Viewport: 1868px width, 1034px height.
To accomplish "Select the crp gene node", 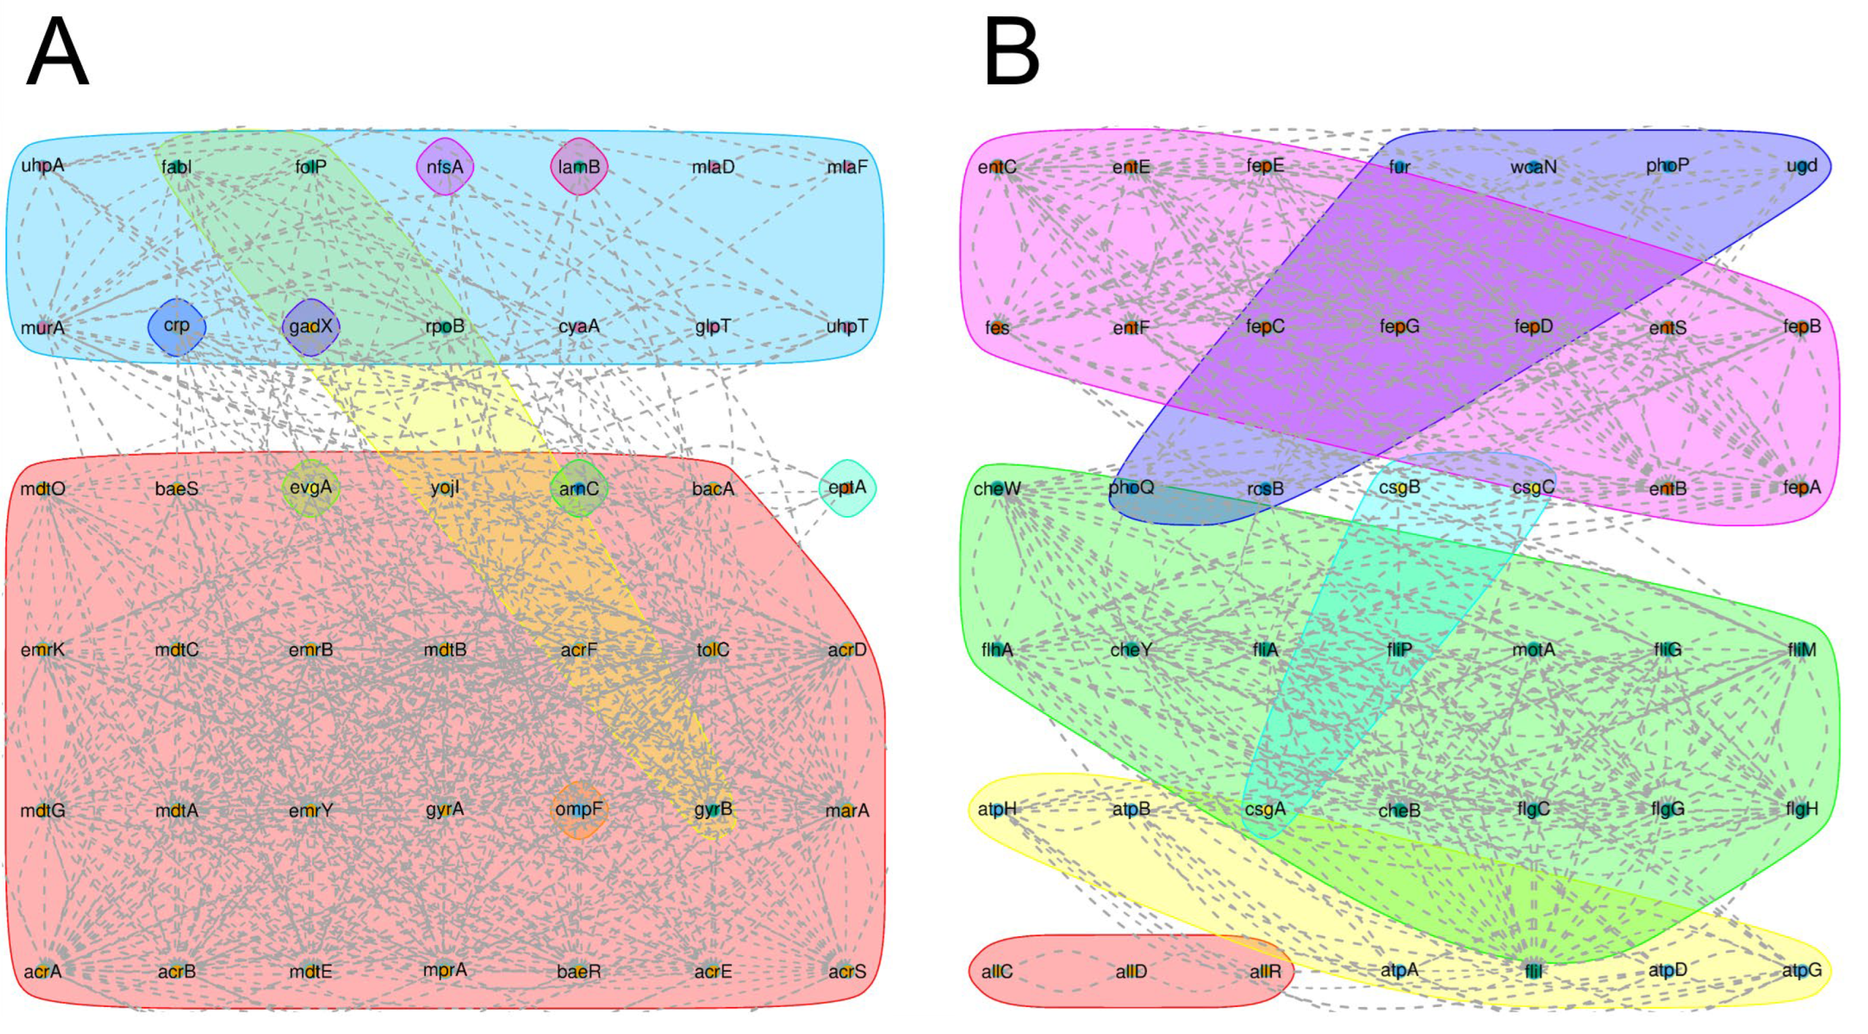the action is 176,326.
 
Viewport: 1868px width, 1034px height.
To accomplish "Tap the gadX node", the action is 311,326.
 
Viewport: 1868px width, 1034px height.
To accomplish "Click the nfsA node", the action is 444,167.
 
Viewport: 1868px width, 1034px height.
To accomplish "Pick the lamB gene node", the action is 579,167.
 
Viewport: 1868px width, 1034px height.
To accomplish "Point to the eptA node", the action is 847,488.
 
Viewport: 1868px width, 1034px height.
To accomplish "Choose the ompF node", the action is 579,809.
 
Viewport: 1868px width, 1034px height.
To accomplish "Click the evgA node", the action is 311,488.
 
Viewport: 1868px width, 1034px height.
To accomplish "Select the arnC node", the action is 579,488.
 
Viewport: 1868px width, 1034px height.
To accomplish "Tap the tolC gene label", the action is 713,650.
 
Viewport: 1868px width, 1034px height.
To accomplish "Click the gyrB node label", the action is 713,809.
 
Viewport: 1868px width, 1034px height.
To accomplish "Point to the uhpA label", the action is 43,166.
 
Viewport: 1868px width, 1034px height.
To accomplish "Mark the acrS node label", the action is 847,971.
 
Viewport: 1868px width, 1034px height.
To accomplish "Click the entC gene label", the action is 997,167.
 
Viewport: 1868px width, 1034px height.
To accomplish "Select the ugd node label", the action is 1802,166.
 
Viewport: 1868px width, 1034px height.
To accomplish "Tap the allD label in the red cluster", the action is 1131,971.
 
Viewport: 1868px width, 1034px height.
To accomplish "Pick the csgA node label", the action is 1266,809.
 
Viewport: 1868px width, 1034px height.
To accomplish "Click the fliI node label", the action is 1533,971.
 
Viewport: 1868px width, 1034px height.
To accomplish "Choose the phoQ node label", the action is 1131,488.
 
